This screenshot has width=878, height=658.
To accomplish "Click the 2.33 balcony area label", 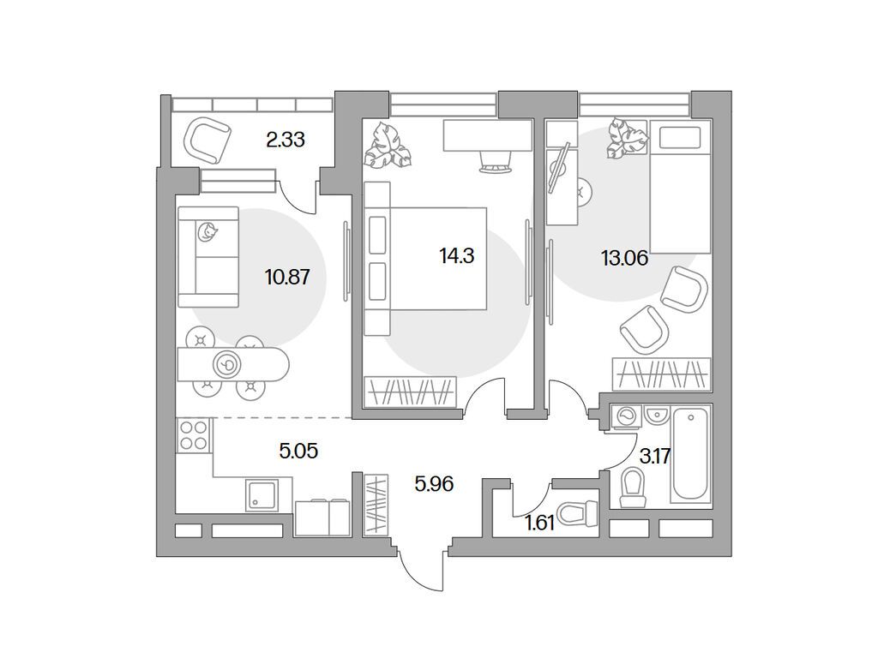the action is coord(285,140).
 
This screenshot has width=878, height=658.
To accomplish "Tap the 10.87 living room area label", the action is coord(287,277).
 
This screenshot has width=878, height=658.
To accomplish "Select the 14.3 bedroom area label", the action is coord(456,255).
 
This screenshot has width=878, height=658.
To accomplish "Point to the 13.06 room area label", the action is coord(624,258).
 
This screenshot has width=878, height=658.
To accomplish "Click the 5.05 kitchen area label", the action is coord(298,450).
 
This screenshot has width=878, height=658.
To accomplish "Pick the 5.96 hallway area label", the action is coord(434,483).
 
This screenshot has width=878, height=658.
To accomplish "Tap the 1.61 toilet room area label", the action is coord(540,523).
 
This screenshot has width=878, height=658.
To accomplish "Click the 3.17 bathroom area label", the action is coord(655,457).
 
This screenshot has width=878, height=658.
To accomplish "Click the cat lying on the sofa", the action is coord(207,231).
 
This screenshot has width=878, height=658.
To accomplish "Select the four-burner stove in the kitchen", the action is coord(194,435).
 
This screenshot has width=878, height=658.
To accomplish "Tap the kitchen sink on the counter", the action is coord(262,495).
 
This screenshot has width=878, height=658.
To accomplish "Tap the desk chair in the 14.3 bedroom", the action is coord(496,163).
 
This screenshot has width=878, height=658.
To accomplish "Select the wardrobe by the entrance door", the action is coord(376,503).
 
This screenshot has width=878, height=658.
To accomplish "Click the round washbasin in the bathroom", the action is coord(656,415).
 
